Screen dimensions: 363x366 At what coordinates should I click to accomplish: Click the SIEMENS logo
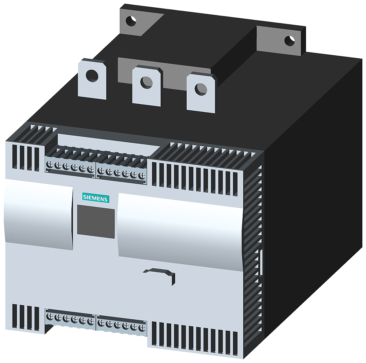click(95, 198)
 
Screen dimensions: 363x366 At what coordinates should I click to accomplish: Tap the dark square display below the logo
click(96, 221)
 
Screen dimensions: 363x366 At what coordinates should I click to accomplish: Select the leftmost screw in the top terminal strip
click(50, 165)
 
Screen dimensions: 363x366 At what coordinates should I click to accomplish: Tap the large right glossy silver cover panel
click(179, 229)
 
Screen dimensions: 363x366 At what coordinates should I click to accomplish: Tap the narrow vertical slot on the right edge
click(261, 262)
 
